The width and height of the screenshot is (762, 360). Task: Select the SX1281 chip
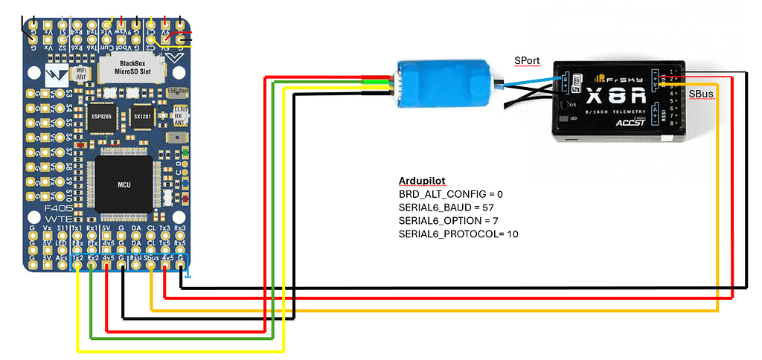click(x=142, y=117)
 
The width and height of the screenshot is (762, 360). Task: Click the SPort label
click(x=527, y=60)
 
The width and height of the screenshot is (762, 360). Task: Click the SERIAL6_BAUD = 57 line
click(x=443, y=208)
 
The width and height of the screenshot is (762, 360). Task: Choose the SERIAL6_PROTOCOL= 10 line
click(x=458, y=234)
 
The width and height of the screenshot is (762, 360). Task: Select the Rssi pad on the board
click(x=136, y=260)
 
